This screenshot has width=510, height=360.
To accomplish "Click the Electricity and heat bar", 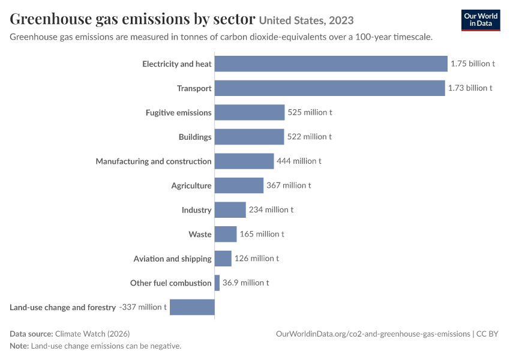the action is click(331, 64).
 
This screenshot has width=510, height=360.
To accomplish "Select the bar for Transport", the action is click(329, 88).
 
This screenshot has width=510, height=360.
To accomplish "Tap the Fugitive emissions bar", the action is click(250, 113).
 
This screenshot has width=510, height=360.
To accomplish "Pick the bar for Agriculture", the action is click(239, 185).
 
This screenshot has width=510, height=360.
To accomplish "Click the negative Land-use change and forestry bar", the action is click(192, 307).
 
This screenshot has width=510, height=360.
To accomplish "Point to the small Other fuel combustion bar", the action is click(217, 283).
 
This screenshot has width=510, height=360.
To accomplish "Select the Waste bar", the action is click(226, 234).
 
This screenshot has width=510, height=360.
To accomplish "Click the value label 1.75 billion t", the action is click(473, 64).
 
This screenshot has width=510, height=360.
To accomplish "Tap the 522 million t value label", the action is click(310, 137).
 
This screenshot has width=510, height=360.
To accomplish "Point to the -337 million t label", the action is click(143, 307).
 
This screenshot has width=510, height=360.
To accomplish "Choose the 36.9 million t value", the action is click(245, 283).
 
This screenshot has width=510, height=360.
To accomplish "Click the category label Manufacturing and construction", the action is click(154, 161).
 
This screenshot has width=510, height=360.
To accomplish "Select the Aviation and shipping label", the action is click(172, 259).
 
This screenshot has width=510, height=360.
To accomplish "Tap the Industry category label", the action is click(196, 210).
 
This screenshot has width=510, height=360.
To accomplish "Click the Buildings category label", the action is click(195, 137).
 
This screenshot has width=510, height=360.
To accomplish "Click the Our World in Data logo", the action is click(481, 20).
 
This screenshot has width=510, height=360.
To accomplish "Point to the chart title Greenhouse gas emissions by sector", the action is click(133, 19).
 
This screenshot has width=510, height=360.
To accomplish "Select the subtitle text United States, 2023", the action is click(307, 20).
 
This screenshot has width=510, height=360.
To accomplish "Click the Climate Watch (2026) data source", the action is click(92, 334).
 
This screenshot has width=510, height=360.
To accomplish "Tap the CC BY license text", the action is click(487, 334).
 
